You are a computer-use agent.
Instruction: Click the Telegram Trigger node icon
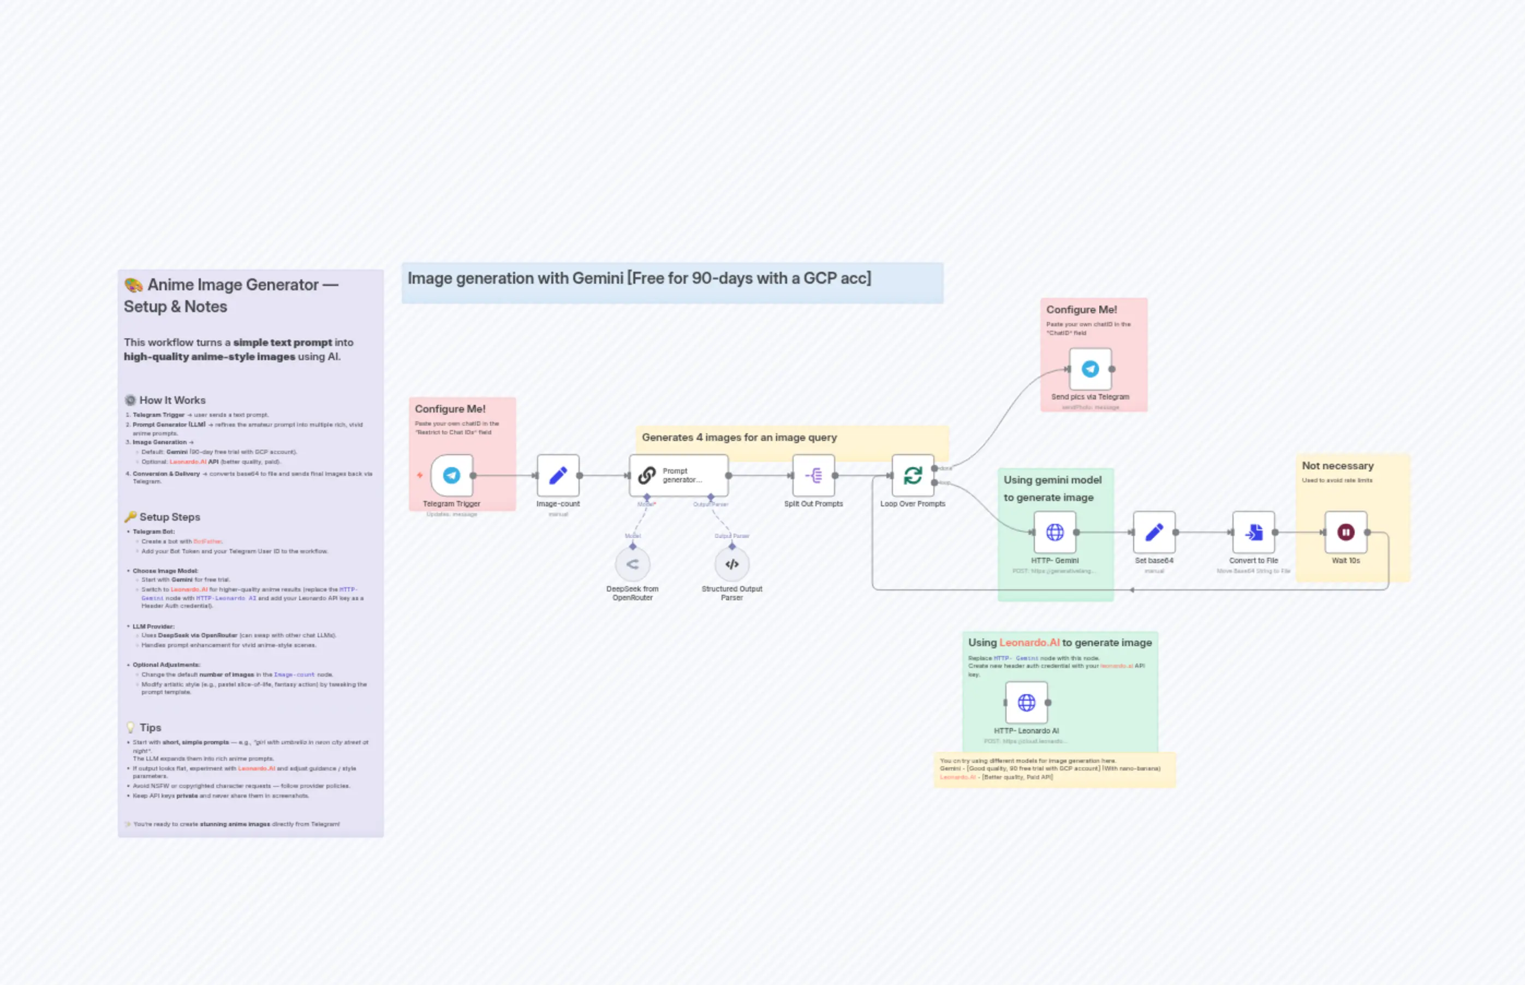[x=451, y=475]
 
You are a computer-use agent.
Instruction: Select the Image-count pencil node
[x=558, y=475]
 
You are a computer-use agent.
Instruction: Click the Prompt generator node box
[x=678, y=475]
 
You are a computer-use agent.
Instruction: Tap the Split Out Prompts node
[x=813, y=475]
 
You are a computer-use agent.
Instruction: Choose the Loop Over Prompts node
[x=912, y=475]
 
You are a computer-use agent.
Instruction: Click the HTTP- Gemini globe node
[x=1054, y=532]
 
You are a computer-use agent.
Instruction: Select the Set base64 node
[x=1153, y=532]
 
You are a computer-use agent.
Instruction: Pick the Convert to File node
[x=1253, y=532]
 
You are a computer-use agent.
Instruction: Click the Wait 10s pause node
[x=1345, y=532]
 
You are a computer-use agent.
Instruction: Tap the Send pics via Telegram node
[x=1090, y=369]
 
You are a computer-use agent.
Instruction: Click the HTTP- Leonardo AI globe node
[x=1026, y=702]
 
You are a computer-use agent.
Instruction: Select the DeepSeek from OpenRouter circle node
[x=632, y=564]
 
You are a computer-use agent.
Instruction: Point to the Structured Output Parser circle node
[x=732, y=564]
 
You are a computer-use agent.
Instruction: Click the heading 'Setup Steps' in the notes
[x=170, y=517]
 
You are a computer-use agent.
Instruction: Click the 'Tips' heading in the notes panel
[x=150, y=727]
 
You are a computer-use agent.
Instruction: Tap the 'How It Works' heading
[x=172, y=401]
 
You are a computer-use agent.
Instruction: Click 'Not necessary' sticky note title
[x=1338, y=465]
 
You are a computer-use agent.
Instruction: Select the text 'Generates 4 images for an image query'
[x=739, y=438]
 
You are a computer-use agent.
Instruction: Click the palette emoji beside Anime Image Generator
[x=134, y=285]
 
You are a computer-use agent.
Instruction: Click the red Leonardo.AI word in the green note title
[x=1029, y=642]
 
